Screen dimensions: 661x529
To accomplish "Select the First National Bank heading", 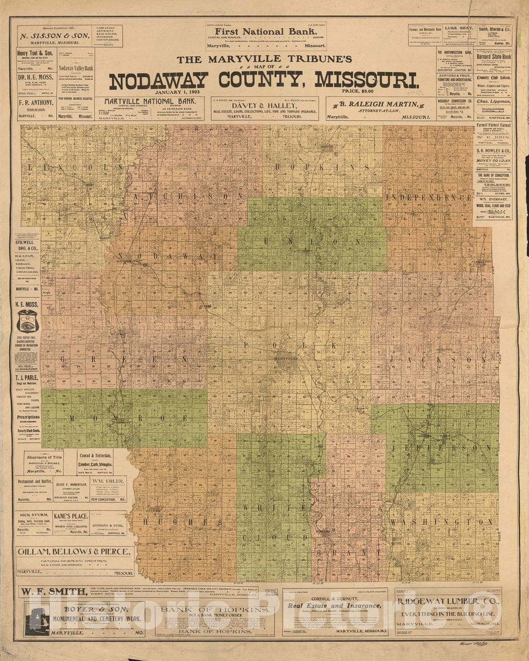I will tap(266, 32).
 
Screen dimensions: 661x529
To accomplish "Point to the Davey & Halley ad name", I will tap(264, 104).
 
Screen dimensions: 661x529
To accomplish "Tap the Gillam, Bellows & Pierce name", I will tap(75, 552).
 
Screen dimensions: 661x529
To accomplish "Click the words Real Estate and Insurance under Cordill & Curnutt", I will tap(334, 606).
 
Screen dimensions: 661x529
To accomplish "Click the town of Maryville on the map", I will tap(285, 359).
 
